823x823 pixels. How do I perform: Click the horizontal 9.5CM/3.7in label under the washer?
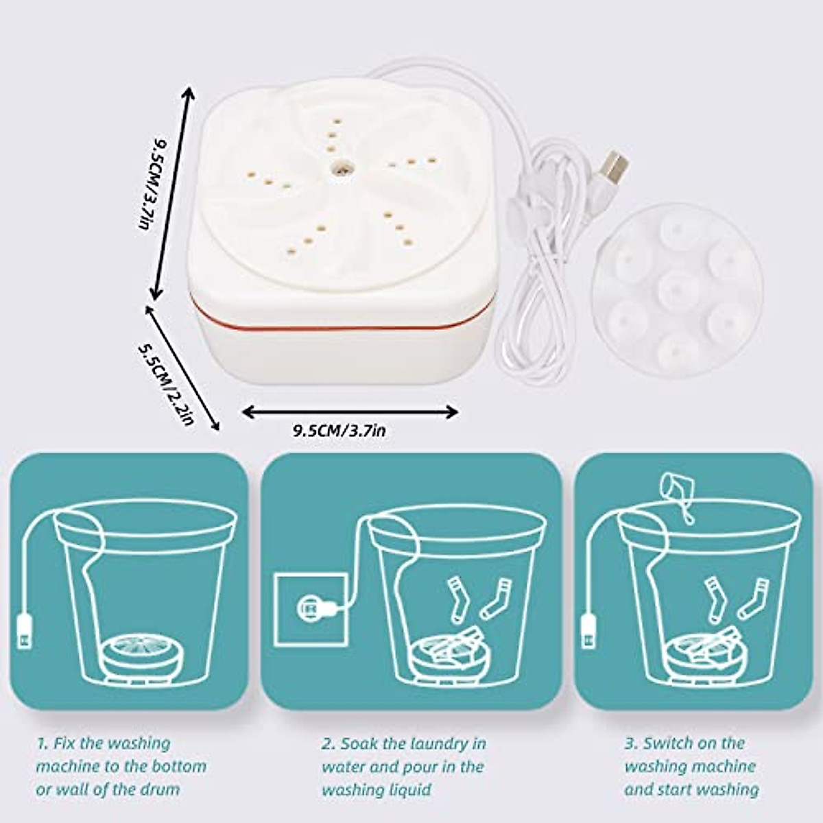click(x=339, y=431)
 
